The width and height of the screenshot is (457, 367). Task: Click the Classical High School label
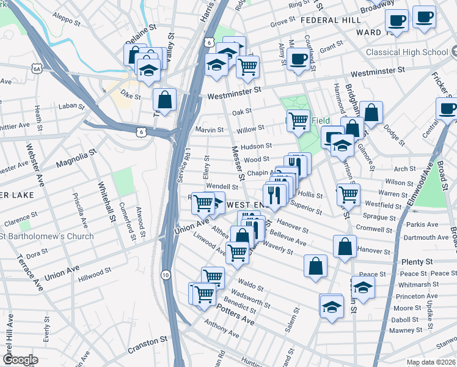pos(407,52)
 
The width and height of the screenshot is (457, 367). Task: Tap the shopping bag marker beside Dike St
pos(164,99)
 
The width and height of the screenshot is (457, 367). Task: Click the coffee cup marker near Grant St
pos(298,59)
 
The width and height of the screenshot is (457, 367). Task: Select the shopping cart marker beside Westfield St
pos(348,194)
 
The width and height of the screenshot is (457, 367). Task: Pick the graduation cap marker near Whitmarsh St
pos(364,287)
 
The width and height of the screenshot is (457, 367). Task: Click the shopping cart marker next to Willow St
pos(298,120)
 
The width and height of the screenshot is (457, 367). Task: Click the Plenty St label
pos(417,262)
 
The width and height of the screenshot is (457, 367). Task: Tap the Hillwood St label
pos(94,273)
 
